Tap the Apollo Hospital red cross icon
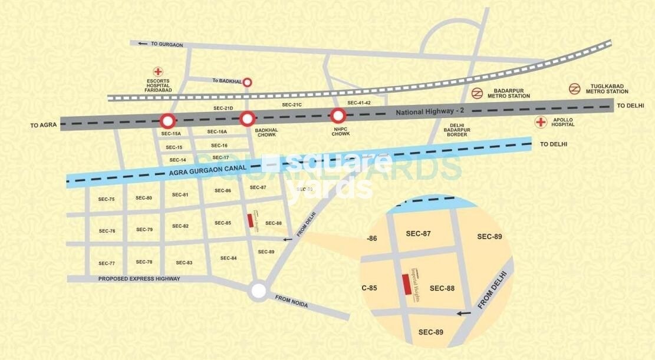coord(539,122)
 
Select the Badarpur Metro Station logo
coord(477,93)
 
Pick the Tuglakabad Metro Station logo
coord(574,88)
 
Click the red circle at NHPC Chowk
coord(338,115)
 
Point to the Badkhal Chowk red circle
coord(246,118)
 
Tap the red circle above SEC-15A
coord(168,121)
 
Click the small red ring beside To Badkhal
coord(248,82)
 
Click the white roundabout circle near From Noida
coord(257,290)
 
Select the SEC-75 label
coord(107,199)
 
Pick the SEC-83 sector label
coord(184,262)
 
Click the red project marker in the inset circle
coord(406,285)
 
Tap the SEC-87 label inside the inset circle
coord(418,234)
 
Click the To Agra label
coord(42,125)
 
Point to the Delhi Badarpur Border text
coord(457,130)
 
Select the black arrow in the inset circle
coord(463,313)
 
